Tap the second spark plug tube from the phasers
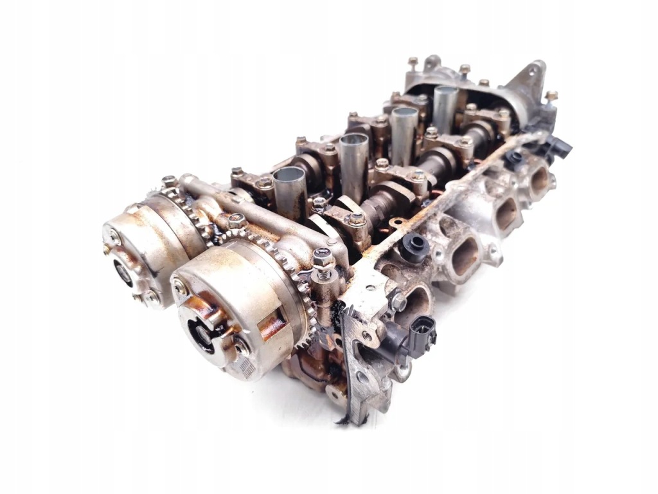tap(353, 154)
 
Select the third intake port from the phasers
tap(506, 212)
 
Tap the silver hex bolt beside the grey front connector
tap(399, 301)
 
